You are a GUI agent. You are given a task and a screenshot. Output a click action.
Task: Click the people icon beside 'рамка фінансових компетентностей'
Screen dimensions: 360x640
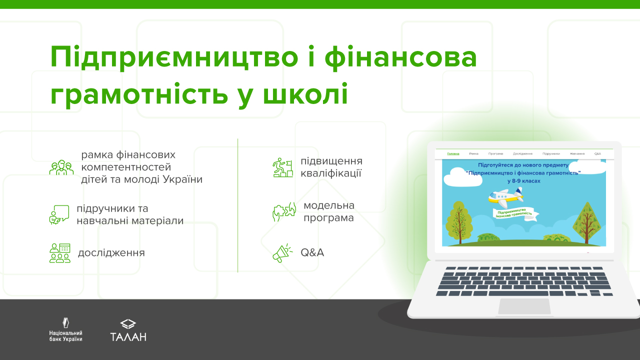pos(61,167)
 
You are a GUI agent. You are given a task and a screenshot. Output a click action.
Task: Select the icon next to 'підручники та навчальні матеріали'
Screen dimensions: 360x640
pos(59,214)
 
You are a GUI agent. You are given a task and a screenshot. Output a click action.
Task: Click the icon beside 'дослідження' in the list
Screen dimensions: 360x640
pos(60,253)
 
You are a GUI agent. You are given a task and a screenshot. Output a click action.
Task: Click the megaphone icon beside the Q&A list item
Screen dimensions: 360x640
pos(282,253)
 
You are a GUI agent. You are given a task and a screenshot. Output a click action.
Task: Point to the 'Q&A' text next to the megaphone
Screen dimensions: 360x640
pos(312,253)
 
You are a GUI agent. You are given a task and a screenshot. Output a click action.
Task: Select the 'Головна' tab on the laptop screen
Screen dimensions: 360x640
pos(453,153)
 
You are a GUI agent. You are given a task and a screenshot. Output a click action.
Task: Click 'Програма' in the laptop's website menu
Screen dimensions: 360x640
pos(496,153)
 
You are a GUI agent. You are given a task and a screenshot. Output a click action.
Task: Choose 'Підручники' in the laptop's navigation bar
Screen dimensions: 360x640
pos(551,153)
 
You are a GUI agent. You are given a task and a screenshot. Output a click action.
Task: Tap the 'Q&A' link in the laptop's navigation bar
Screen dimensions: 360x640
pos(597,153)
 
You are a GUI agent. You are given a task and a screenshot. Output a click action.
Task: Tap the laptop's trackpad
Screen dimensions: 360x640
pos(523,306)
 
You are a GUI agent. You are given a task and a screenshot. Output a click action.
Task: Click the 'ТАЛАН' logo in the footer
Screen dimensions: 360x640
pos(128,330)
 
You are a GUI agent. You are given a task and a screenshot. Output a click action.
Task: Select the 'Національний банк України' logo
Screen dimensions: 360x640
pos(65,330)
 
